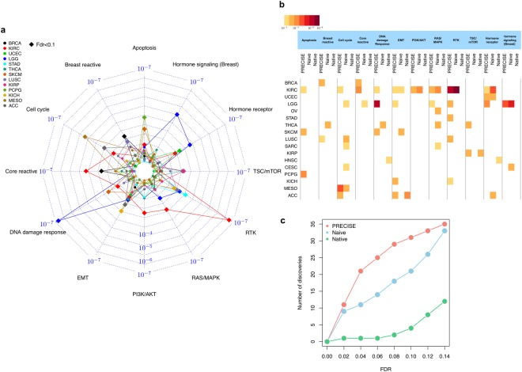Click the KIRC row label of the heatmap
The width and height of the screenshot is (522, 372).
(282, 90)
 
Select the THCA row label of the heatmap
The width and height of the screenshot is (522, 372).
(282, 125)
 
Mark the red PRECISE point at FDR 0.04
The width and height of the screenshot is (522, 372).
(361, 271)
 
